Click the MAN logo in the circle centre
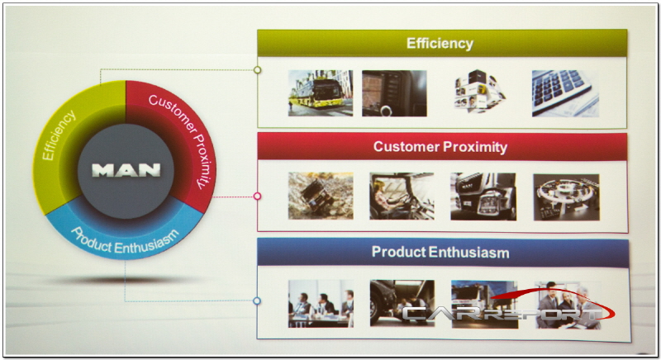pos(126,170)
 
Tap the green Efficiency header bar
pos(442,43)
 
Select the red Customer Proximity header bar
pos(442,146)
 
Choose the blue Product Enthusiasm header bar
pos(442,252)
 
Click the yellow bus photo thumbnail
pos(321,93)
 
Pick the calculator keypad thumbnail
pos(565,93)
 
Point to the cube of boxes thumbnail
pos(479,92)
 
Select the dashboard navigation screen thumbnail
pos(394,93)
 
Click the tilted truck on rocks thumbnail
pos(321,196)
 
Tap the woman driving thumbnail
pos(402,196)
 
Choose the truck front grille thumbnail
pos(483,197)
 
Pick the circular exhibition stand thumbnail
pos(566,197)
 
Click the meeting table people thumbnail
pos(321,304)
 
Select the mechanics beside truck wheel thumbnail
pos(402,304)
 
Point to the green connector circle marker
pos(257,70)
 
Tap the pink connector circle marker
pos(257,197)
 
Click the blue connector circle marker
pos(257,301)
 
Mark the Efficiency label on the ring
pos(59,135)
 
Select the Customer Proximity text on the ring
pos(182,138)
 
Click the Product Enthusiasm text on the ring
pos(125,242)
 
